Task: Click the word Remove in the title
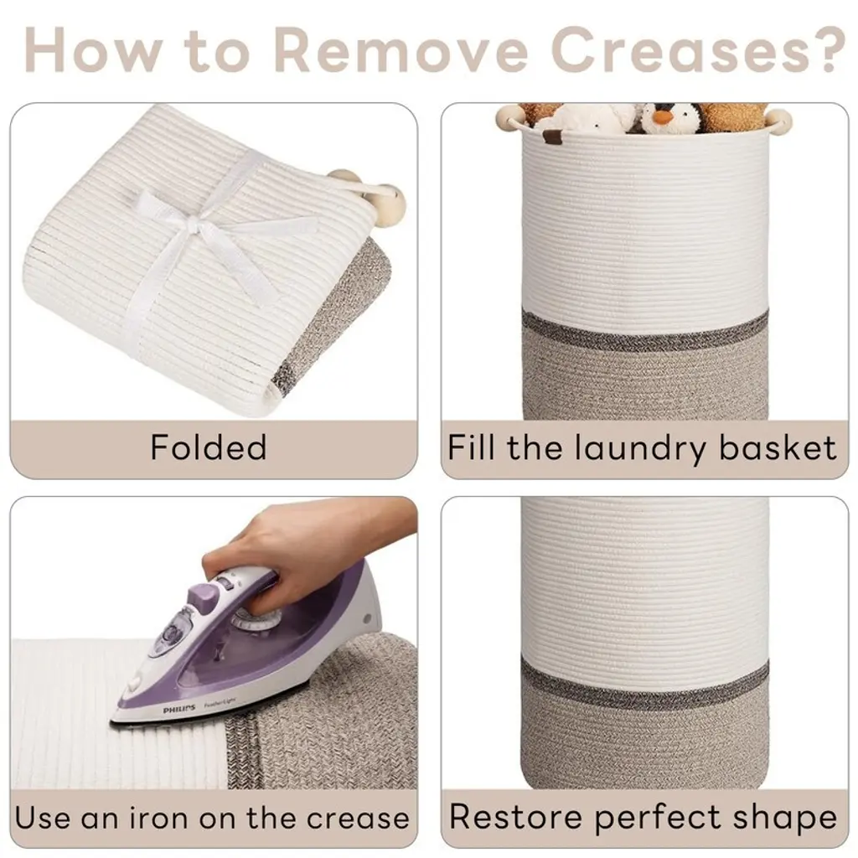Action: click(401, 49)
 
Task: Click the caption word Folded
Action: click(209, 447)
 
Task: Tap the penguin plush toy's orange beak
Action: click(664, 116)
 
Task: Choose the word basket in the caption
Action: click(777, 447)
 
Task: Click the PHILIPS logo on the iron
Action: click(179, 709)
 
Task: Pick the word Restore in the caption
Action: click(515, 817)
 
